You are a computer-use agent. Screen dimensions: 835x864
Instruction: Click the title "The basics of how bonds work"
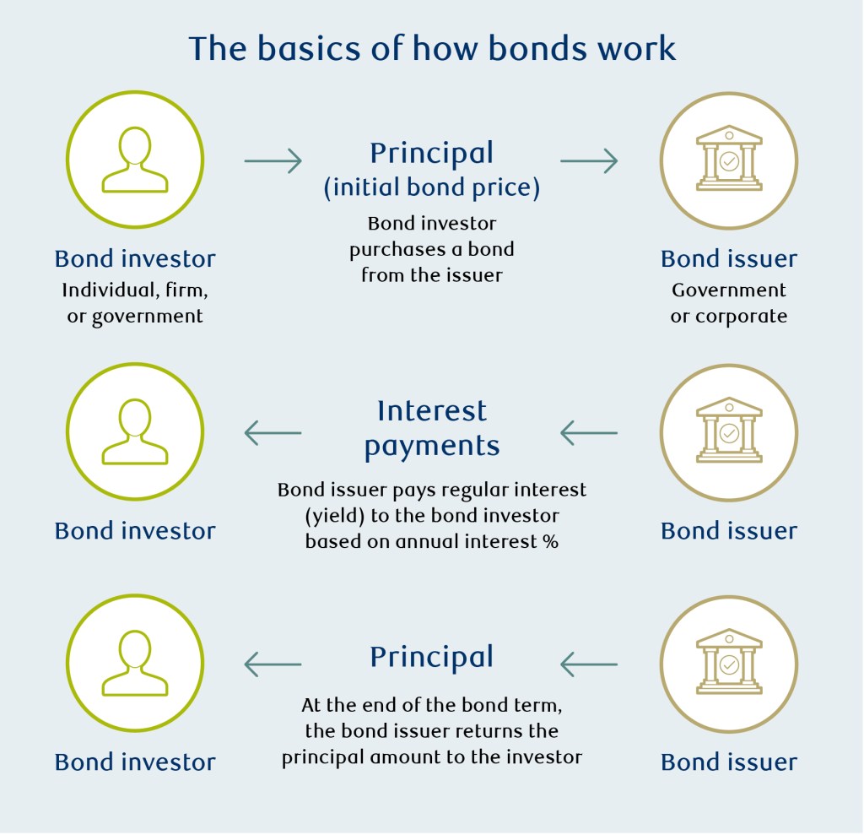(432, 48)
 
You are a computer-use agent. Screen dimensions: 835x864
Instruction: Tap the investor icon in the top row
(135, 160)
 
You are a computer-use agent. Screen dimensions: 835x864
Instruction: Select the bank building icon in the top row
(729, 160)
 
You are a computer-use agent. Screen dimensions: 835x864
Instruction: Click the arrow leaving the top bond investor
(273, 160)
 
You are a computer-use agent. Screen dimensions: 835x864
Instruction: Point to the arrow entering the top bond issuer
(589, 160)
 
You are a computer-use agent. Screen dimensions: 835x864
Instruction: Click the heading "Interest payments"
(432, 428)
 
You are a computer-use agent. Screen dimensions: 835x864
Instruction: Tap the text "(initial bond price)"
(432, 187)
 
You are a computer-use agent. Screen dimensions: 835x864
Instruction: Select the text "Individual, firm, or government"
(135, 303)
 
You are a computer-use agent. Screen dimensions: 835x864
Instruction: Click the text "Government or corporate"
(729, 303)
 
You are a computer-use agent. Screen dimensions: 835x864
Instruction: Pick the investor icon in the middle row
(135, 433)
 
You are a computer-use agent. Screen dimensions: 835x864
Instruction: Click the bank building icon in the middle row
(729, 433)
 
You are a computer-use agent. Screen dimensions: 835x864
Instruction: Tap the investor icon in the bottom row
(135, 664)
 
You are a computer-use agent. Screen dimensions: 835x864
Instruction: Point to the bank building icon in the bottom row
(729, 664)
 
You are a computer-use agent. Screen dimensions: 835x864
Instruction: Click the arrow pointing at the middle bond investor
(273, 433)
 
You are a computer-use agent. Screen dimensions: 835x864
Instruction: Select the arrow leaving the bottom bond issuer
(589, 664)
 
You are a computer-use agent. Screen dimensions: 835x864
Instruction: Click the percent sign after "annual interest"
(551, 542)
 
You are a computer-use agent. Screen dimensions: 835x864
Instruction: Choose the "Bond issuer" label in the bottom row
(729, 762)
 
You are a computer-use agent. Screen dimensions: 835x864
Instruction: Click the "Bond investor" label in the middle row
(135, 531)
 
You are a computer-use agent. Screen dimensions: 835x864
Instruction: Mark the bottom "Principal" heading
(432, 657)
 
